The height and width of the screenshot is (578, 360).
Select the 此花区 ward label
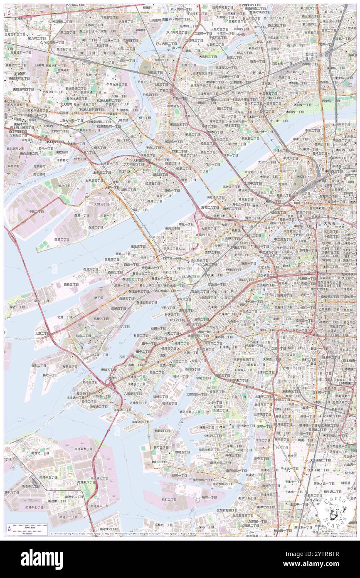point(99,298)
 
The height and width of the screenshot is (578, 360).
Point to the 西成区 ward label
point(292,455)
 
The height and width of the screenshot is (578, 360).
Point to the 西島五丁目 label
point(71,284)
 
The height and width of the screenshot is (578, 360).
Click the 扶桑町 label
point(39,65)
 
